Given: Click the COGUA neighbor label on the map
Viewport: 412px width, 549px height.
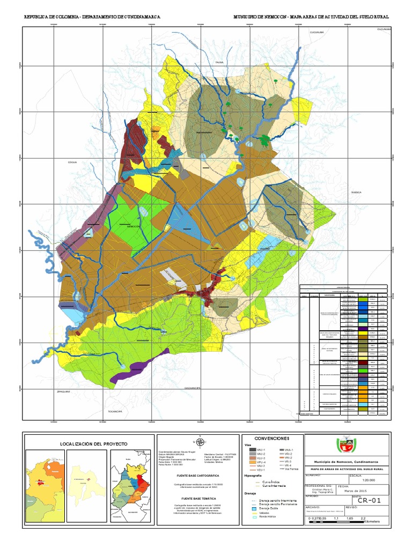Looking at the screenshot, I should [72, 161].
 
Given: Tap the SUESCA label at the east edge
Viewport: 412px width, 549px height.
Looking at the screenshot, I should [356, 192].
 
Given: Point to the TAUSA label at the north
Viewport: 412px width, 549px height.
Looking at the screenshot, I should [219, 63].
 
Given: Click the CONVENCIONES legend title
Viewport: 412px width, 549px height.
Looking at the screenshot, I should [272, 438].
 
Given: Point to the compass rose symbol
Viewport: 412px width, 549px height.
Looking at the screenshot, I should [200, 442].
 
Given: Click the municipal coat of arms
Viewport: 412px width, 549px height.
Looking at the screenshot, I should [345, 445].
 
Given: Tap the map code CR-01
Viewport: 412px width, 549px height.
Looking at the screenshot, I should [369, 501].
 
